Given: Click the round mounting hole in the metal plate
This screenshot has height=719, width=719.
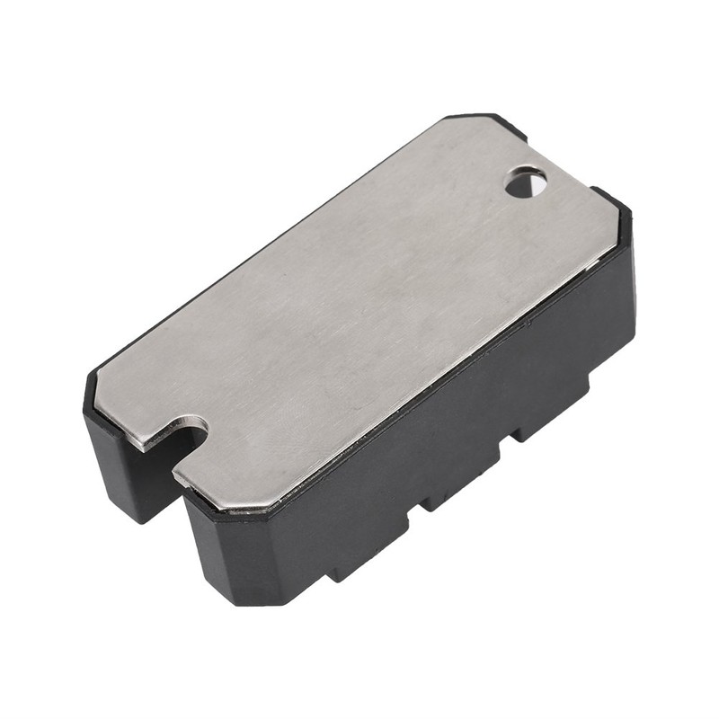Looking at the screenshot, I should [526, 184].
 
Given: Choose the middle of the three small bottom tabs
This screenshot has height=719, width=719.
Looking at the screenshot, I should [454, 494].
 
